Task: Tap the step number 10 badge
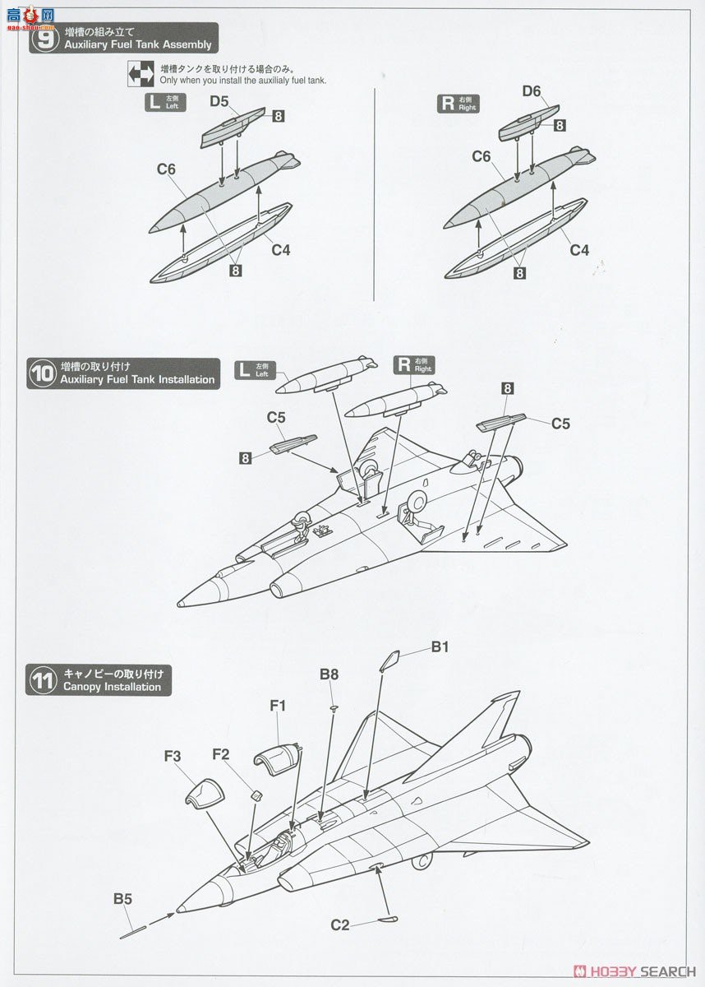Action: click(x=41, y=373)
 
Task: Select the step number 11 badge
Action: click(x=41, y=681)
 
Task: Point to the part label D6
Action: click(x=532, y=91)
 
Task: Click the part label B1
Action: click(x=440, y=647)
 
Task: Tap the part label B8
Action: click(x=329, y=674)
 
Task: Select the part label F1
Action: click(x=277, y=706)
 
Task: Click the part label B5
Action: click(x=122, y=899)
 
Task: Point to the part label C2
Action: click(x=341, y=925)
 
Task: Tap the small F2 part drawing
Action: click(x=256, y=795)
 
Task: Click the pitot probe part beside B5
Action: click(x=133, y=931)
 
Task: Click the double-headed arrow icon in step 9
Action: click(x=141, y=74)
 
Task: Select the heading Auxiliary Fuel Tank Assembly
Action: click(x=137, y=44)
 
